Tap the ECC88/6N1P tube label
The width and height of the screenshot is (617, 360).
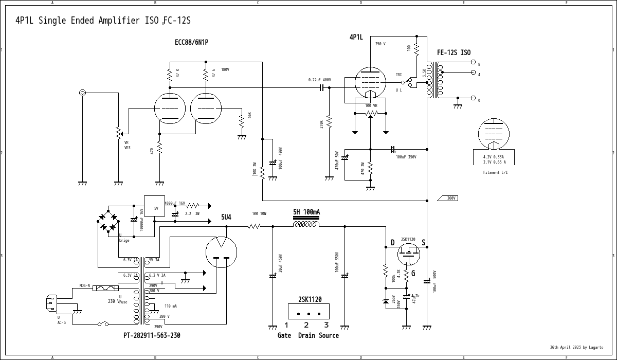pos(191,42)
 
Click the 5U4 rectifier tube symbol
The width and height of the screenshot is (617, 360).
pos(221,252)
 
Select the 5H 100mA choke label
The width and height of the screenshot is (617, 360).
pos(306,212)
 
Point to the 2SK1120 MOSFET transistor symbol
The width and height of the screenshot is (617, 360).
pos(408,254)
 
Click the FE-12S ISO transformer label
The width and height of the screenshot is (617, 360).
pos(453,52)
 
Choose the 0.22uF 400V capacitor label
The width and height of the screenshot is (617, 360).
pos(319,80)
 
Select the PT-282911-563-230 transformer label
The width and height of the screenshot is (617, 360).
pos(152,335)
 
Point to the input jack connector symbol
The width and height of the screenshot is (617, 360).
pos(82,93)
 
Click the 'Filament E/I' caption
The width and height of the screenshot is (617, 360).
pos(495,172)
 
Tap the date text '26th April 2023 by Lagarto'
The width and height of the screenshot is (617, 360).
pos(576,347)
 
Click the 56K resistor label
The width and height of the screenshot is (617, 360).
pos(250,116)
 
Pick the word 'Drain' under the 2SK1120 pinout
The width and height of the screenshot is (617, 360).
pos(306,335)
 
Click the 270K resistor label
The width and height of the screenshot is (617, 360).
pos(322,124)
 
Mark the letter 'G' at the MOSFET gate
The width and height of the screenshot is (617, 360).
pos(413,273)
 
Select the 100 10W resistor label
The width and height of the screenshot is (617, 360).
pos(259,213)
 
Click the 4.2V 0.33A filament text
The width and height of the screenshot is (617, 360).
pos(493,156)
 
